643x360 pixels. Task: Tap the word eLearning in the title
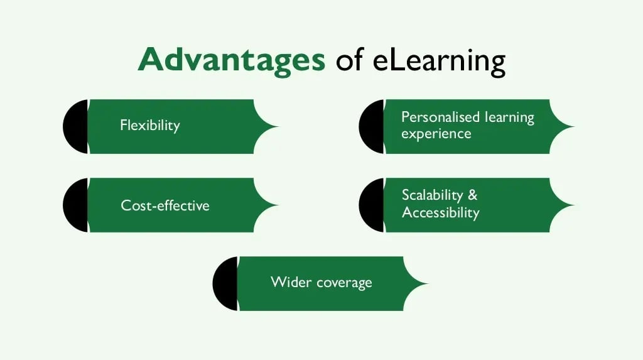pos(439,62)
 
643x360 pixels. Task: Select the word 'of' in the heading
pos(350,60)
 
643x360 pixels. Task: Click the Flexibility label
pos(150,125)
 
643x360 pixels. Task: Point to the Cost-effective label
pos(165,205)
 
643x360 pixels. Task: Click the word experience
pos(436,134)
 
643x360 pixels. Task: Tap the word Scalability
pos(432,195)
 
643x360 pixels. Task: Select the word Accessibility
pos(440,212)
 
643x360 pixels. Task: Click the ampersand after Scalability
pos(472,195)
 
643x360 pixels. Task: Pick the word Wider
pos(291,282)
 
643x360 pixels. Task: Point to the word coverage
pos(344,283)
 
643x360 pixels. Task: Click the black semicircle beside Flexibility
pos(76,126)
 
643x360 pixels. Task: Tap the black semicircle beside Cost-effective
pos(76,205)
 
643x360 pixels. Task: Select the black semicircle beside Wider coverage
pos(225,283)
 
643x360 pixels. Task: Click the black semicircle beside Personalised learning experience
pos(372,126)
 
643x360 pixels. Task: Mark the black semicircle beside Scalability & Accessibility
pos(372,205)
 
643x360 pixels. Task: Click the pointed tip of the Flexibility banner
pos(278,126)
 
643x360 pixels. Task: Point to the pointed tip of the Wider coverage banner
pos(428,283)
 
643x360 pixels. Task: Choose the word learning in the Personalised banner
pos(509,118)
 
